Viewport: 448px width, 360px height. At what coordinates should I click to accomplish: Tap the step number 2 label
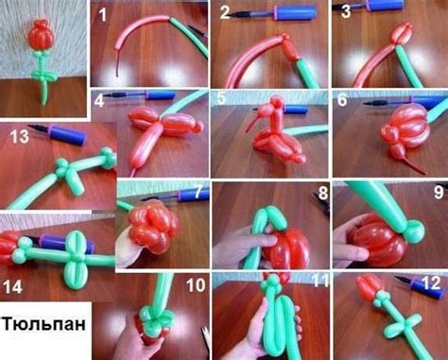coord(225,13)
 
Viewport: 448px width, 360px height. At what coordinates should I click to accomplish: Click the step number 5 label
coord(221,99)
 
